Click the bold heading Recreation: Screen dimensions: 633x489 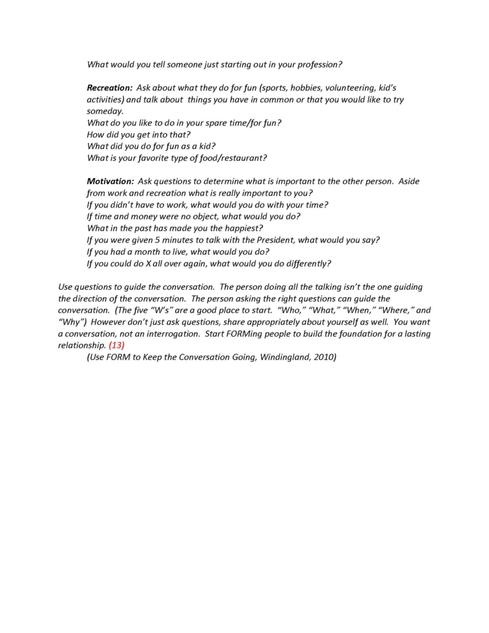point(110,88)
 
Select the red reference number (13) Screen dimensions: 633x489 point(117,346)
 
